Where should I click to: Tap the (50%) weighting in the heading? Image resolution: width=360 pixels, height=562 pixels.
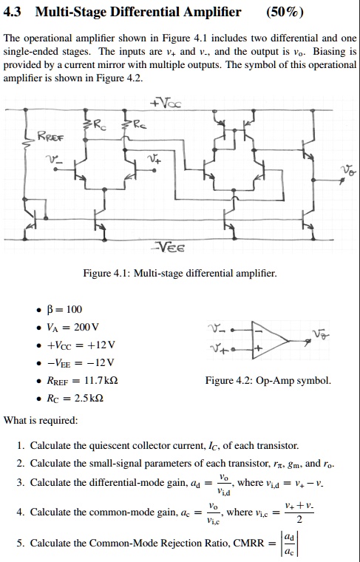tap(284, 12)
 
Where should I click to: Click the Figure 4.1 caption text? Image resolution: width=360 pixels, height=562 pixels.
tap(180, 274)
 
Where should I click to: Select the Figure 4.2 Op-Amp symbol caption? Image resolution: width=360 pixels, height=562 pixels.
tap(268, 381)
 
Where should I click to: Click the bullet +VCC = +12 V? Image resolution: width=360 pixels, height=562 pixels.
tap(75, 345)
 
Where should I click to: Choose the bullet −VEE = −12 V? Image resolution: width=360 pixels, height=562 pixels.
tap(75, 362)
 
